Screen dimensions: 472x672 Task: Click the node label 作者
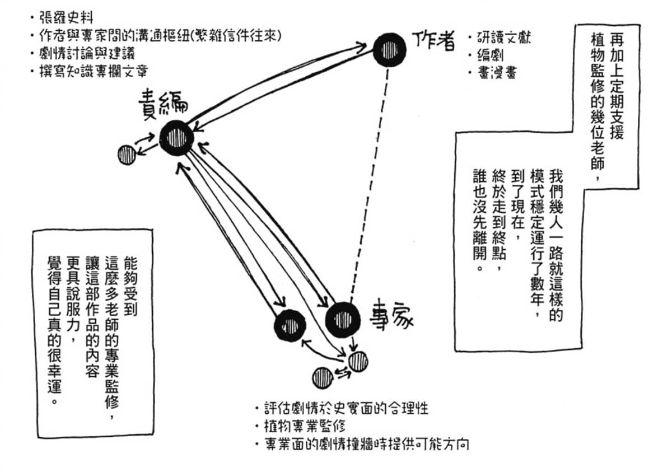[433, 40]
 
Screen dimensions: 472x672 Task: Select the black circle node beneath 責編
[177, 137]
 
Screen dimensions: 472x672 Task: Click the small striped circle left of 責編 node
[127, 154]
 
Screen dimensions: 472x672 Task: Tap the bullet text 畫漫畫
[493, 73]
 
